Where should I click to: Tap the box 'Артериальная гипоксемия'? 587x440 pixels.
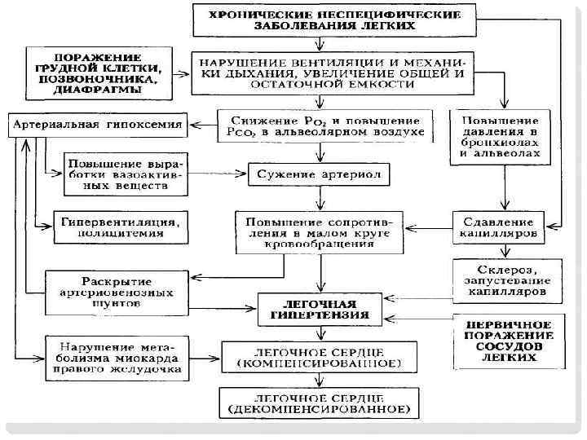pyautogui.click(x=95, y=125)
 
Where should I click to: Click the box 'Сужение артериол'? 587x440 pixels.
pyautogui.click(x=319, y=174)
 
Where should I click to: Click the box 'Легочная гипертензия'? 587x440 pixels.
pyautogui.click(x=321, y=307)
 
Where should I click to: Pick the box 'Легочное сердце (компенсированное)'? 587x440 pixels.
pyautogui.click(x=319, y=356)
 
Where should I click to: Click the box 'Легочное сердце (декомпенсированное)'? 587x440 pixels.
pyautogui.click(x=319, y=401)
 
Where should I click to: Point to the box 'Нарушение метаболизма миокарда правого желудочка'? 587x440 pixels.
pyautogui.click(x=117, y=356)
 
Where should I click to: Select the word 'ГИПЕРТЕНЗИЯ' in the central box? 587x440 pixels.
pyautogui.click(x=321, y=314)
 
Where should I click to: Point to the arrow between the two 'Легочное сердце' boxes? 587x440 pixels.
pyautogui.click(x=319, y=380)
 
